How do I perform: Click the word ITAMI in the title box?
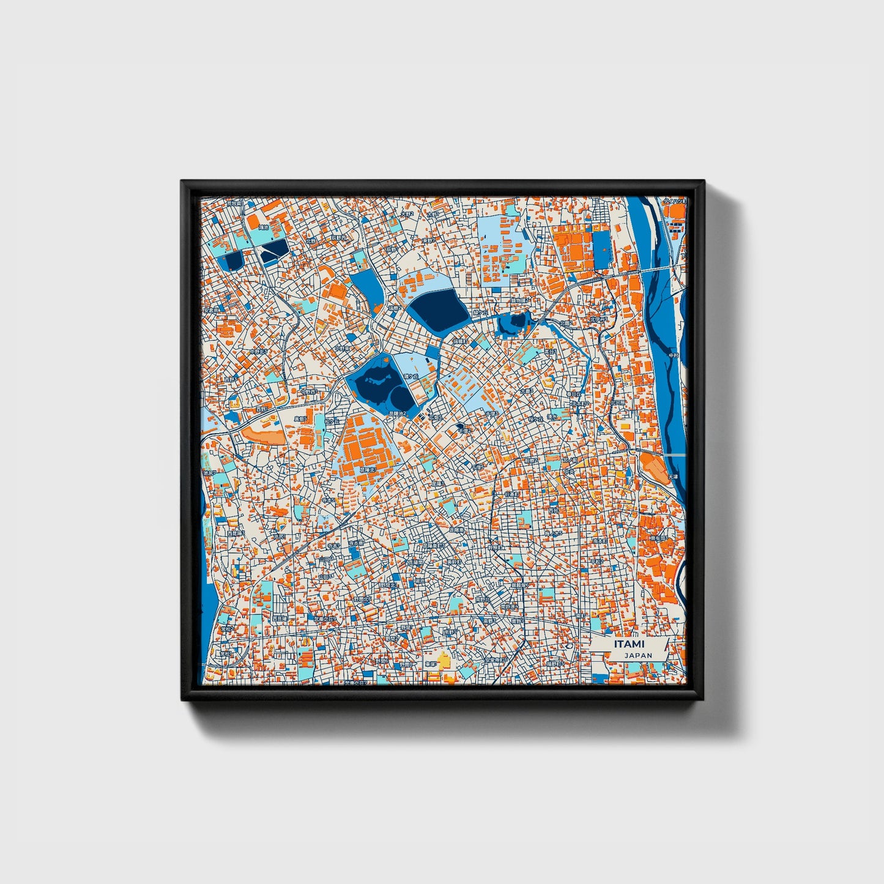pyautogui.click(x=629, y=645)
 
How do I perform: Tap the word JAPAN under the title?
pyautogui.click(x=638, y=655)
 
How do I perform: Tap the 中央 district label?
pyautogui.click(x=569, y=472)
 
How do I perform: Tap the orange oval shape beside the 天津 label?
pyautogui.click(x=653, y=468)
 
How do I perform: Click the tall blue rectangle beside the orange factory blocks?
pyautogui.click(x=602, y=251)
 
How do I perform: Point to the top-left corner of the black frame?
pyautogui.click(x=182, y=182)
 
